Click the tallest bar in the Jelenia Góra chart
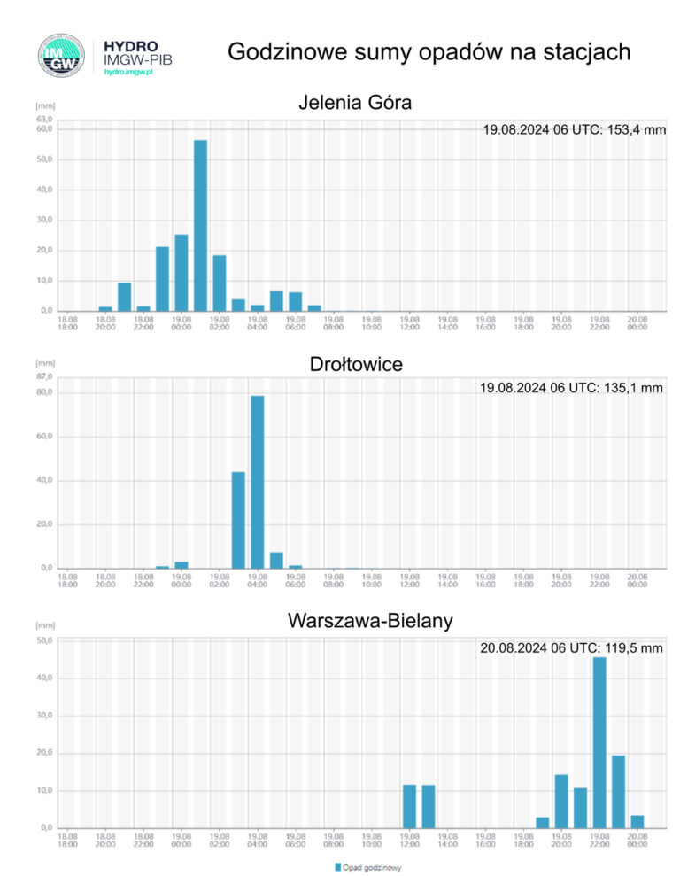click(x=200, y=225)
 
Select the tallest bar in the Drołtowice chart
click(x=257, y=482)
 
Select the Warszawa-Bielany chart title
click(x=370, y=621)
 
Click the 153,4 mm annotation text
click(x=574, y=130)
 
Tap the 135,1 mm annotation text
click(x=571, y=388)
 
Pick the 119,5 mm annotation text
click(x=571, y=648)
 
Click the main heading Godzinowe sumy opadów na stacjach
click(x=429, y=52)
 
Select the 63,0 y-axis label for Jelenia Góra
click(x=44, y=119)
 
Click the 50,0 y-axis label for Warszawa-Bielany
click(x=44, y=640)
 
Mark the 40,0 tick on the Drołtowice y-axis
click(x=44, y=480)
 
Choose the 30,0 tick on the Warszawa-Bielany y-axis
click(x=44, y=715)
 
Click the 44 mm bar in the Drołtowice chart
click(x=238, y=520)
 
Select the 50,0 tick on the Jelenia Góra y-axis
click(x=44, y=159)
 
